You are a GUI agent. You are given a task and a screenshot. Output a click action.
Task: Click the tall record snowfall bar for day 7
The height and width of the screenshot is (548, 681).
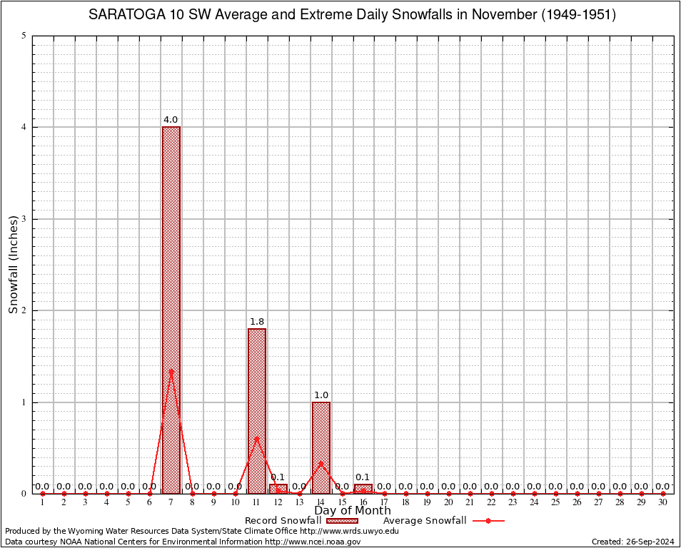(171, 310)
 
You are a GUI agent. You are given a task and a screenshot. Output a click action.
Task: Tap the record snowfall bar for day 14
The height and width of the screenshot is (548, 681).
(321, 447)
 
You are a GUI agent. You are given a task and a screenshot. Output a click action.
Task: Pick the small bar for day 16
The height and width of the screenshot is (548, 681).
(363, 489)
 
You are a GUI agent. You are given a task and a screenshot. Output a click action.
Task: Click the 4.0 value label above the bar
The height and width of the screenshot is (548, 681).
(171, 120)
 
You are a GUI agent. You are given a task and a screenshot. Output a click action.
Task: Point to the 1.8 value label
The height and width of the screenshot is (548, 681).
(256, 322)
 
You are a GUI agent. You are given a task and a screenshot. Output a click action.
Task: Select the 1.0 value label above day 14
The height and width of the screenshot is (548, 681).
(321, 395)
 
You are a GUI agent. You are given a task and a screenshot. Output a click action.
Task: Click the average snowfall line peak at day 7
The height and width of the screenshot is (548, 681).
(171, 370)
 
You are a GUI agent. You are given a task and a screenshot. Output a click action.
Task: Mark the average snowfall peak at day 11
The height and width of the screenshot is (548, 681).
(257, 438)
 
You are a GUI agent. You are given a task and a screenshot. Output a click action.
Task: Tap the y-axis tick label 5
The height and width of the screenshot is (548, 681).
(24, 36)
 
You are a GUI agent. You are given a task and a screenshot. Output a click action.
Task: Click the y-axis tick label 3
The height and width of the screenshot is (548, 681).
(24, 219)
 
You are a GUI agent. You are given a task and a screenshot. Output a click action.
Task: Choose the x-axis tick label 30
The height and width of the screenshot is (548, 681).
(663, 502)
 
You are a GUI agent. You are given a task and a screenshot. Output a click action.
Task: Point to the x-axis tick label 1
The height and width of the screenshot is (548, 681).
(43, 502)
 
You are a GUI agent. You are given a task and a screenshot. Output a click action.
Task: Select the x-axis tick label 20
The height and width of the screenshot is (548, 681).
(449, 502)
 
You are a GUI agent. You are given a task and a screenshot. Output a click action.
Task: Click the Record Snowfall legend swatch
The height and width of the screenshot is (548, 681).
(342, 521)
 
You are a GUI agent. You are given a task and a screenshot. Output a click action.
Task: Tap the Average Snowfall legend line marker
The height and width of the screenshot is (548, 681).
(488, 521)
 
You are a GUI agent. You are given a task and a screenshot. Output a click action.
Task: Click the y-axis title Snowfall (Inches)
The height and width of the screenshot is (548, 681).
(13, 265)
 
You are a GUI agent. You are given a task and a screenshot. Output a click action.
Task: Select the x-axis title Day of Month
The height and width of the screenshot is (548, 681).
(353, 511)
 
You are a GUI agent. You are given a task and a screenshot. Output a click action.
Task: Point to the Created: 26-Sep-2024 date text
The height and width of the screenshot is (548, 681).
(632, 542)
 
